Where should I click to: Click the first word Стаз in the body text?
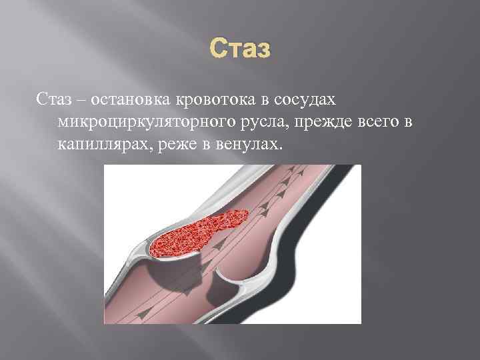coord(51,99)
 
